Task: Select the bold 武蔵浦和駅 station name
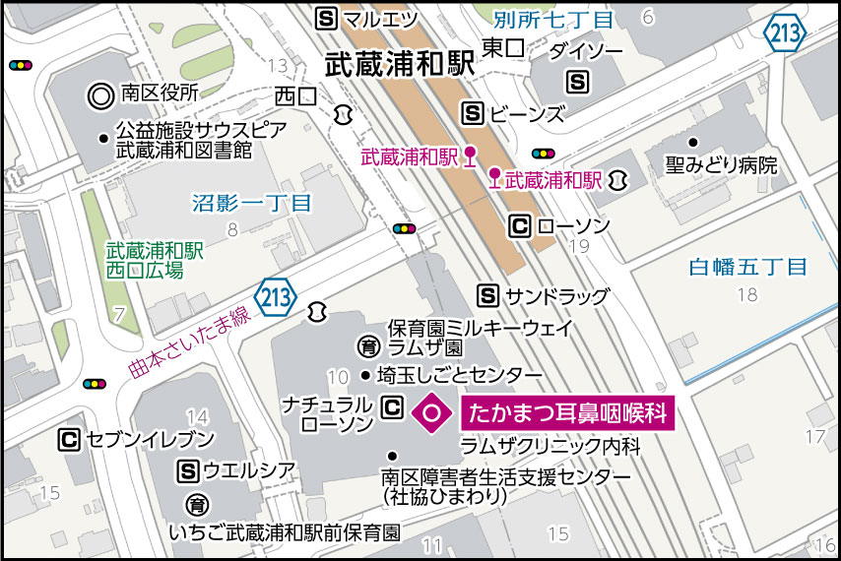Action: (400, 65)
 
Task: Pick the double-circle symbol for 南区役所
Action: (100, 94)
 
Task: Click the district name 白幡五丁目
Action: (747, 267)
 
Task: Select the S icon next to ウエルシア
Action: (187, 472)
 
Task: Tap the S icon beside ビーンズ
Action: (474, 113)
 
